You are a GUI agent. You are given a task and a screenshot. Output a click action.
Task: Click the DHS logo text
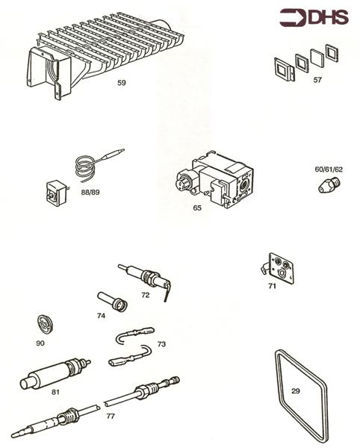(326, 16)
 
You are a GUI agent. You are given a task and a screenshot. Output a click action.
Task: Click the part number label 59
(121, 83)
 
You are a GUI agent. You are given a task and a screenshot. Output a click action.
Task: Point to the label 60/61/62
(328, 169)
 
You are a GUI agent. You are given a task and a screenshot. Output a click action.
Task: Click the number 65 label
(197, 208)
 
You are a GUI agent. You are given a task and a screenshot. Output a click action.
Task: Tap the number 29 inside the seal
(296, 391)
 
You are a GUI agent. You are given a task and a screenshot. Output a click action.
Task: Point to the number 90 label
(40, 343)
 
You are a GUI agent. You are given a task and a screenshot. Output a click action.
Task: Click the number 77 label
(111, 415)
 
